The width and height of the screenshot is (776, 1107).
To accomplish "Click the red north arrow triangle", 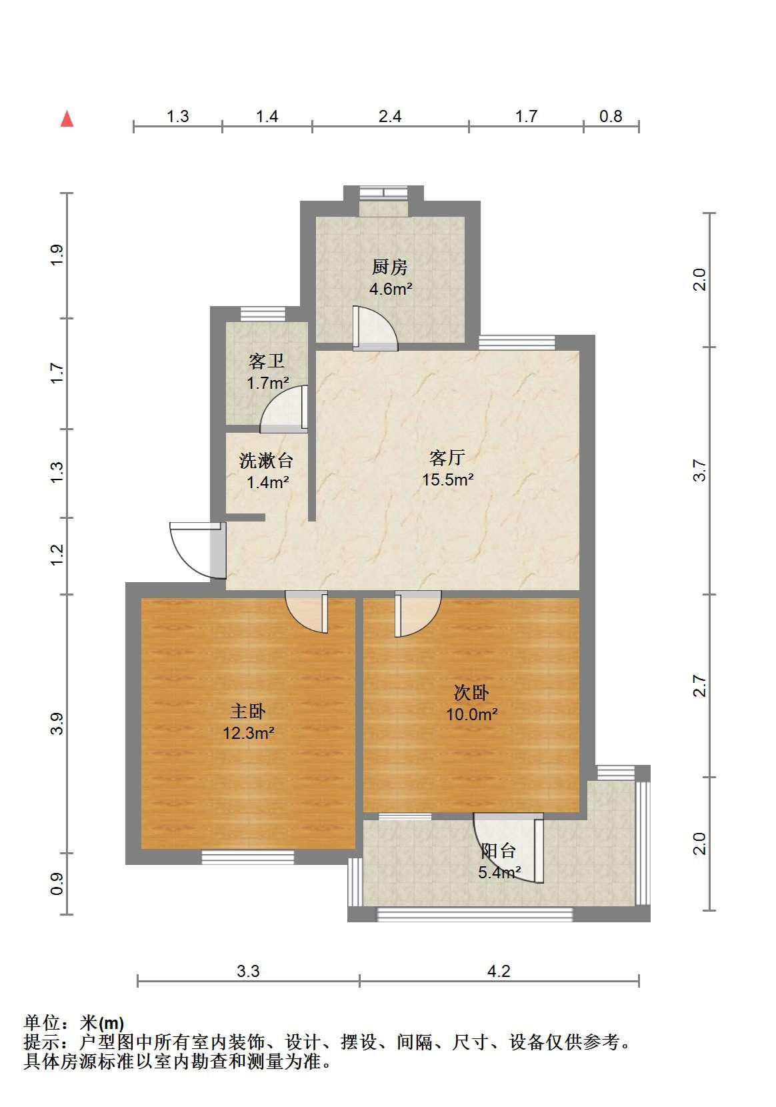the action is pos(67,119).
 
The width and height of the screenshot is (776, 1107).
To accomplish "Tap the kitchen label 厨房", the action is pos(390,267).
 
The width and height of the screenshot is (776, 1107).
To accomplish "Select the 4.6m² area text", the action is pos(391,289).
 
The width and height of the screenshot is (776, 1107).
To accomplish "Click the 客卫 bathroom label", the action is pos(267,361).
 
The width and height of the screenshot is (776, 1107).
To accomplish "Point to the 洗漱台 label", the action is pos(267,461).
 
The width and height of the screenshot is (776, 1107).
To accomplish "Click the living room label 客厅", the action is pos(447,457).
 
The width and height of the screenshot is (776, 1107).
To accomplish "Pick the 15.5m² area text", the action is pos(448,479).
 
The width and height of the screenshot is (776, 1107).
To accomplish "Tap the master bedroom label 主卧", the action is pos(248,712).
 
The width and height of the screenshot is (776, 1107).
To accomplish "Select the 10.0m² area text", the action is pos(472,714).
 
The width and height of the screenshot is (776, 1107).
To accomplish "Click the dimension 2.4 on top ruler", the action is pos(390,117).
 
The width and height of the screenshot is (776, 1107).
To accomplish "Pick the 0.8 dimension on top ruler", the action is pos(611,117).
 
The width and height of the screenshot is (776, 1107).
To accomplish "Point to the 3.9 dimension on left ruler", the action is pos(57,724).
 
